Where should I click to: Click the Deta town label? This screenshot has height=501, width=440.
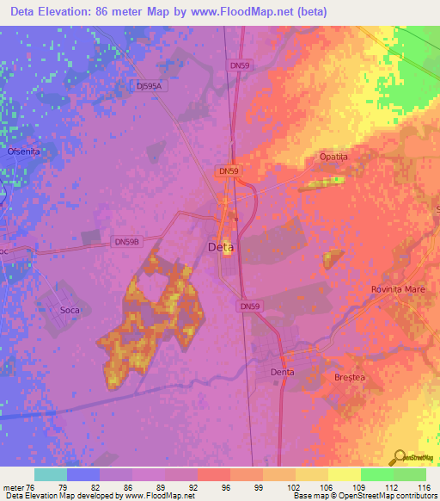[x=220, y=247]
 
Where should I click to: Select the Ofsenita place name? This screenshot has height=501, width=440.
[x=23, y=152]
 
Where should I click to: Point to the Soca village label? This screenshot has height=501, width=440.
[x=70, y=308]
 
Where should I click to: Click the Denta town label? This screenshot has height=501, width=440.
[x=283, y=372]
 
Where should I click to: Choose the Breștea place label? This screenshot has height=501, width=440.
[x=349, y=377]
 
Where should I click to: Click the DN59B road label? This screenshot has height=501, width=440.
[x=126, y=243]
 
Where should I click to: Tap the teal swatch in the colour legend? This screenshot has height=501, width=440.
[x=51, y=474]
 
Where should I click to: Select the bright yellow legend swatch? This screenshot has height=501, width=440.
[x=344, y=474]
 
